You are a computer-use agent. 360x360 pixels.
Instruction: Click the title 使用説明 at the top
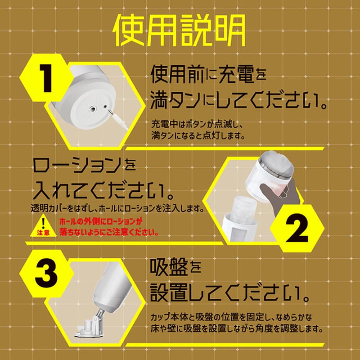(x=180, y=30)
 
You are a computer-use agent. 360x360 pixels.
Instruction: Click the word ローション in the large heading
(x=76, y=168)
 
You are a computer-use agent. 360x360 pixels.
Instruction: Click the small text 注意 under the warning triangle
(x=44, y=234)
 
